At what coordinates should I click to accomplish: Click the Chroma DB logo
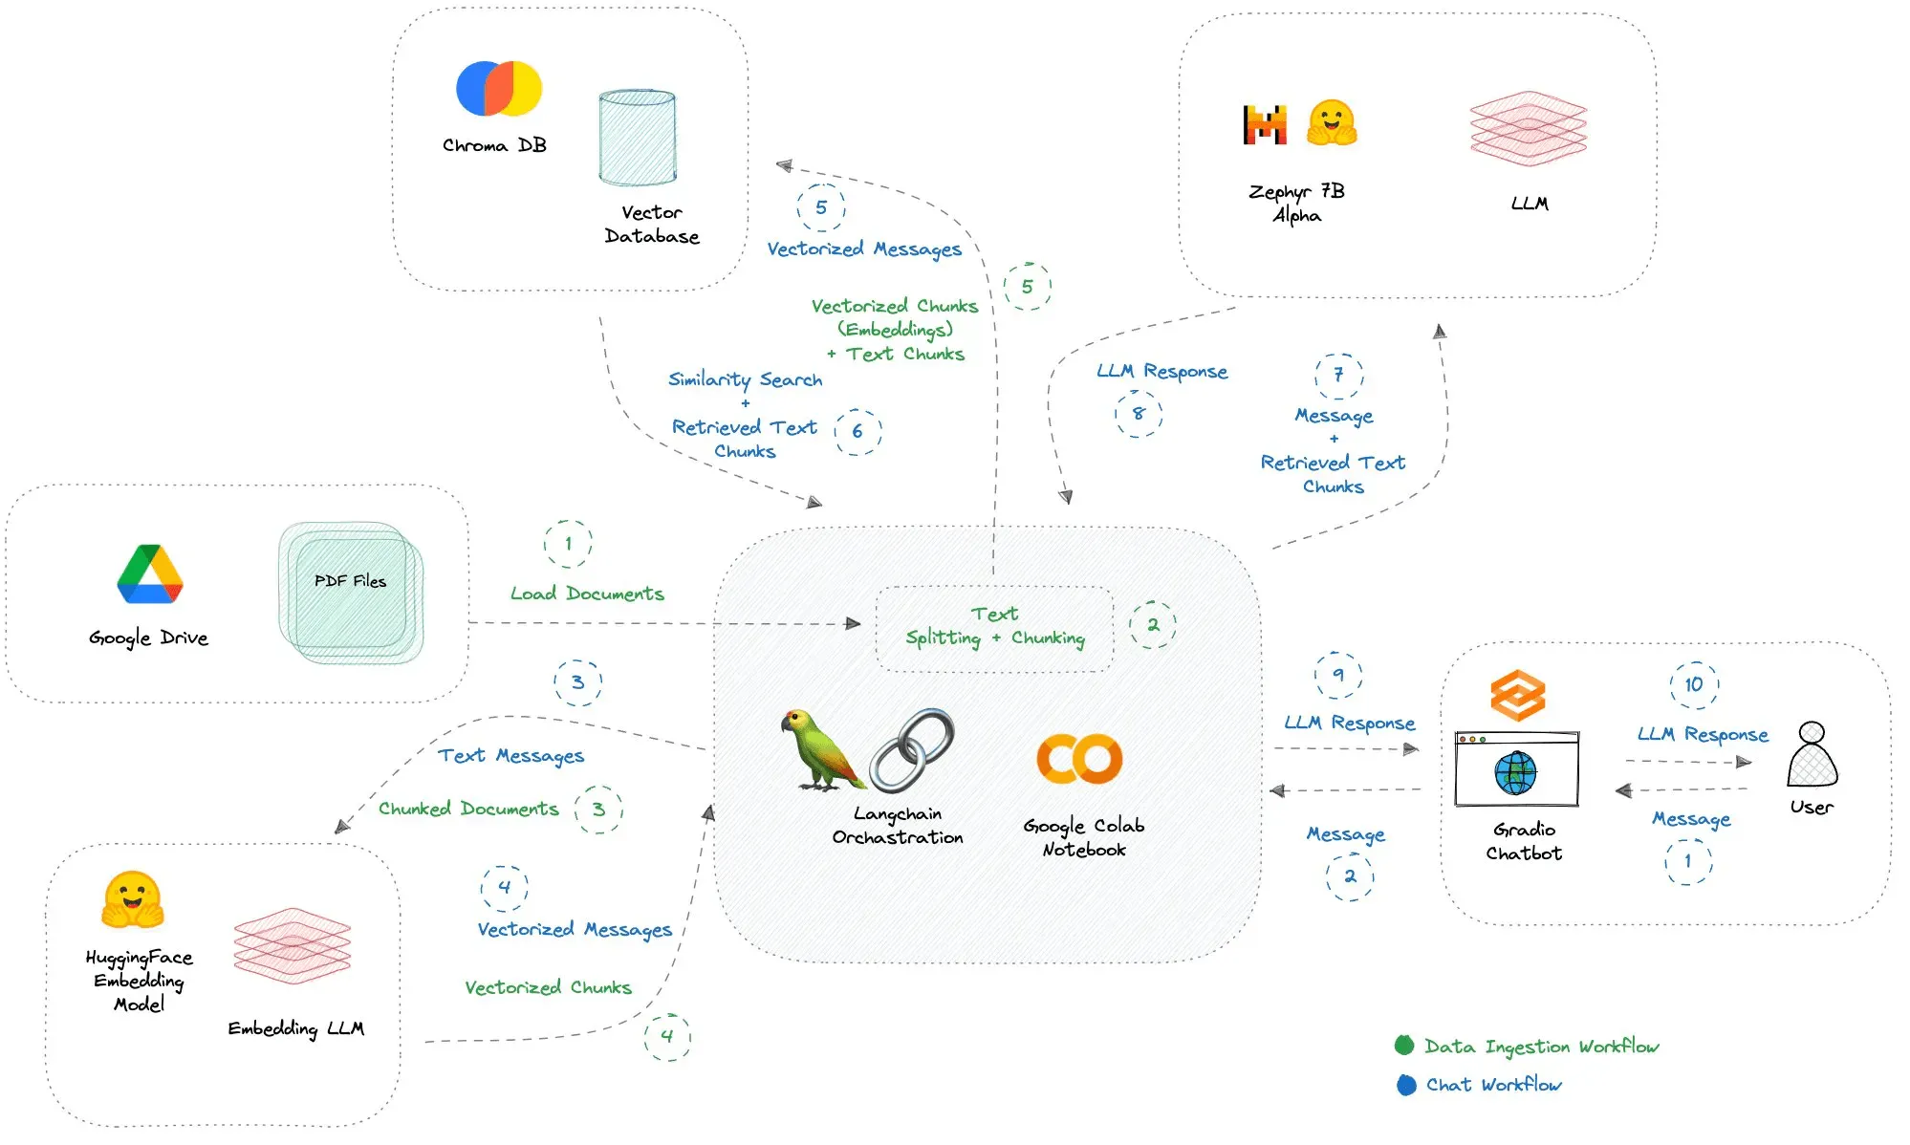point(498,89)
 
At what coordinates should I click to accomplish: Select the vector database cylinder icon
point(637,138)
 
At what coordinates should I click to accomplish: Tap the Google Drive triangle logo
point(150,574)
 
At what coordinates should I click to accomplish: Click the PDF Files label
point(350,580)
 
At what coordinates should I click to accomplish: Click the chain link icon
point(911,750)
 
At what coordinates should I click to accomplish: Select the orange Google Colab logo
point(1079,759)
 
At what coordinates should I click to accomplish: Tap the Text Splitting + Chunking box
point(994,627)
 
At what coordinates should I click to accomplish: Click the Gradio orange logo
point(1517,695)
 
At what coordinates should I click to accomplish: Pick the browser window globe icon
point(1516,773)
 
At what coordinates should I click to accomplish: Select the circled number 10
point(1693,684)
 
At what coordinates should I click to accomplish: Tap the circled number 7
point(1338,375)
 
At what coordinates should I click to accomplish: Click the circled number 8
point(1138,413)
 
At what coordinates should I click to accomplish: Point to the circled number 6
point(857,431)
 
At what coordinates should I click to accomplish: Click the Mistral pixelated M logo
point(1265,124)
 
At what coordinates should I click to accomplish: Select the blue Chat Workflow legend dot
point(1406,1085)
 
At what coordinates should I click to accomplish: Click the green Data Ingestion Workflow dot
point(1404,1045)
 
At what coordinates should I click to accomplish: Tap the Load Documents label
point(587,594)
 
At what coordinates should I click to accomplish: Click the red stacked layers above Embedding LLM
point(293,945)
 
